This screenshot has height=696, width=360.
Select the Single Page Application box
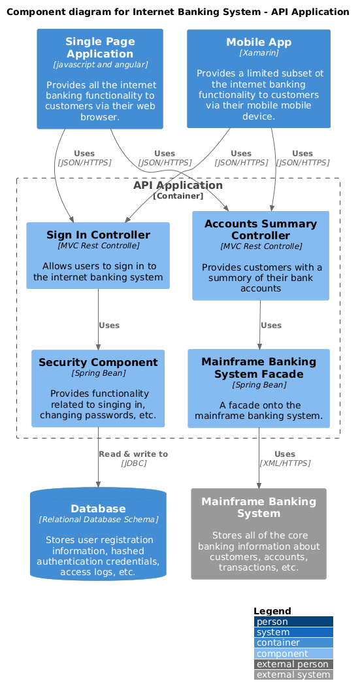pos(100,79)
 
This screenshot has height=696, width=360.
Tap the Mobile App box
pos(259,78)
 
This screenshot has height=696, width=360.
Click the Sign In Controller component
pos(98,256)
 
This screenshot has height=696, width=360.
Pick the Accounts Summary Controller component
pos(261,256)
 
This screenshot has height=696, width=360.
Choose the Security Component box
pos(98,388)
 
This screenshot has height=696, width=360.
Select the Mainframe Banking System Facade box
pos(259,388)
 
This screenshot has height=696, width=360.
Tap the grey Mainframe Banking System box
pos(259,534)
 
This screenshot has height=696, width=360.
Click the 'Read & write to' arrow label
pos(133,454)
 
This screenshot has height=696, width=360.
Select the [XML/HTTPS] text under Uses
pos(285,463)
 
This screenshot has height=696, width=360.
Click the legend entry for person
pos(293,621)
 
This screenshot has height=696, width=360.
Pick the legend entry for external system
pos(293,674)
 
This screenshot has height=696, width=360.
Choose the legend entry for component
pos(293,654)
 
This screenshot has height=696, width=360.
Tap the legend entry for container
pos(293,642)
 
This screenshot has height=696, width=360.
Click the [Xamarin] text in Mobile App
pos(259,53)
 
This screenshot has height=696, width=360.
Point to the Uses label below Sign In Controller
pos(109,325)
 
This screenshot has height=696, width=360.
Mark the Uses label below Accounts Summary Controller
pos(271,325)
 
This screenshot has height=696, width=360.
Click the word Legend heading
pos(272,611)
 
